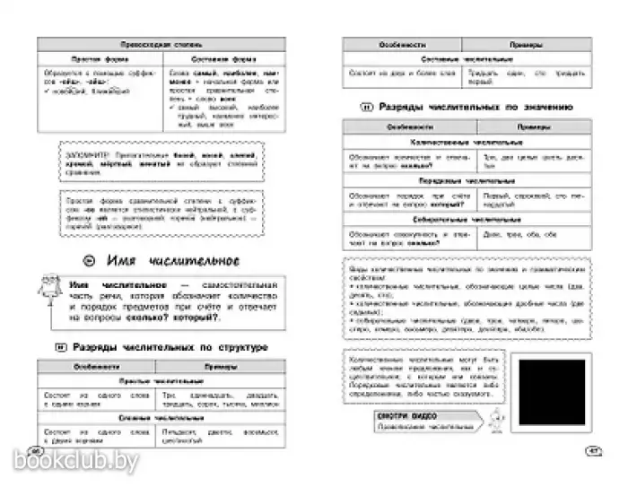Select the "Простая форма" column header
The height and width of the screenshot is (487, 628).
click(97, 57)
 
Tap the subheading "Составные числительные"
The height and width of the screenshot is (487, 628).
click(466, 58)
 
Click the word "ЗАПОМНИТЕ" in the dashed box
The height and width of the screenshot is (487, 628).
click(86, 152)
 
